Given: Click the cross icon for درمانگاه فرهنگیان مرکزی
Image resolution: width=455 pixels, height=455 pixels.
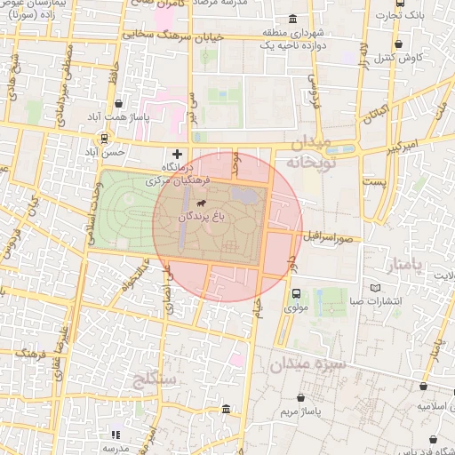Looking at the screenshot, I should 177,155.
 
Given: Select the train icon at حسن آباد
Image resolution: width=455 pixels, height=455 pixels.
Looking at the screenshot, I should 105,139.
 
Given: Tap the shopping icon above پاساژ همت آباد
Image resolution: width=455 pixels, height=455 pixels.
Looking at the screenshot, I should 117,103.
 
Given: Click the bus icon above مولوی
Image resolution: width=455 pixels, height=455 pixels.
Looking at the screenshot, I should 296,293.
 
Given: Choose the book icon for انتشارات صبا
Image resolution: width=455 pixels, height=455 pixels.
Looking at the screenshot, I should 373,288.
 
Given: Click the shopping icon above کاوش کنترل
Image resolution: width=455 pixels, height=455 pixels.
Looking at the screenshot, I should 397,44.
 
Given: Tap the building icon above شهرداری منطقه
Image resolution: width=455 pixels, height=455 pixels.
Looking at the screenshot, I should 293,20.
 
